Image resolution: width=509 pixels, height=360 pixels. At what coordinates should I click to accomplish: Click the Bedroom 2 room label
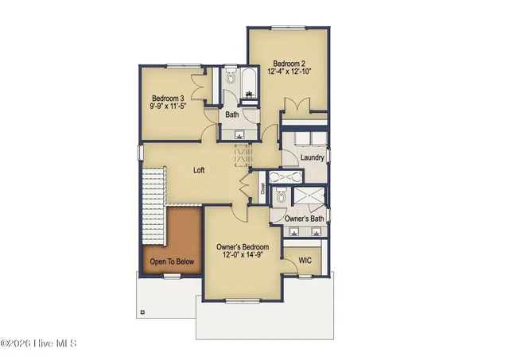click(x=287, y=64)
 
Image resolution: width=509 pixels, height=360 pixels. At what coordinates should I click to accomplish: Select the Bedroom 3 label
click(x=169, y=99)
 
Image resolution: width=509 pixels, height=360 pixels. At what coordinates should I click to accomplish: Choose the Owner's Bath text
click(x=304, y=218)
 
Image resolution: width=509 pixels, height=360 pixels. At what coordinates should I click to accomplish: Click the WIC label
click(x=305, y=260)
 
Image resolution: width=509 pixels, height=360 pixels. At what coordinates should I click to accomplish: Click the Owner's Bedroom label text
click(x=243, y=248)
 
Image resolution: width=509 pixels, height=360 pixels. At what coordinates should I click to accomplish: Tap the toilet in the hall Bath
click(x=231, y=79)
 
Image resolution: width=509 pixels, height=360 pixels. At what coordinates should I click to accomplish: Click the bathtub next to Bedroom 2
click(x=248, y=86)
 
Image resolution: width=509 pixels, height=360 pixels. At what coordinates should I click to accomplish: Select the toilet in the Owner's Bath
click(x=279, y=195)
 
